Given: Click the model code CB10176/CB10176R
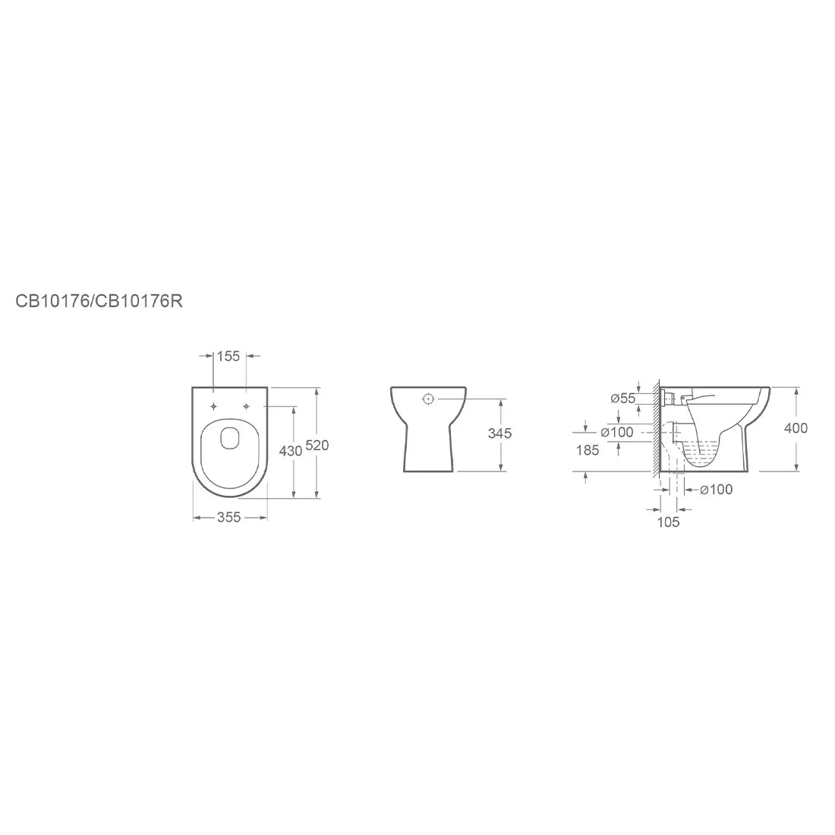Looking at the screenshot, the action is pos(99,301).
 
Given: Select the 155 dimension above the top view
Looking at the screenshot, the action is pos(228,356).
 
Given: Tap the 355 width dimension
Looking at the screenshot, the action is pos(229,517).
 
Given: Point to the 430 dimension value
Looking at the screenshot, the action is pos(291,451).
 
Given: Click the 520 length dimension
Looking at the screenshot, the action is pos(317,445).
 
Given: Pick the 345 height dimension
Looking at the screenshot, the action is pos(499,433).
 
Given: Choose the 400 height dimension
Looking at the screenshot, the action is pos(796,428).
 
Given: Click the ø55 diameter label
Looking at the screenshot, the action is pos(623,399).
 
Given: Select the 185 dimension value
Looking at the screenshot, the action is pos(588,450).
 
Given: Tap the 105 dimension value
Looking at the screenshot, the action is pos(668,522).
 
